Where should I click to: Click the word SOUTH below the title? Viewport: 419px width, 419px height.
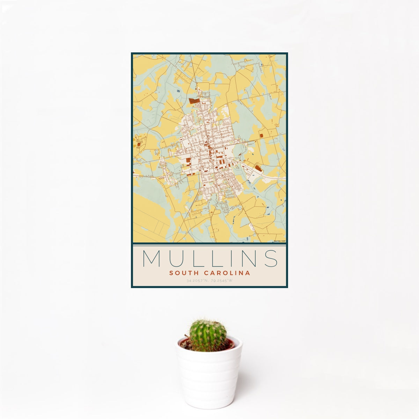pyautogui.click(x=183, y=273)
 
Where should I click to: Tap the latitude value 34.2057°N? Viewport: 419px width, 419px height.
pyautogui.click(x=198, y=280)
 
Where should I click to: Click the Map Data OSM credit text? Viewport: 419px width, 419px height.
pyautogui.click(x=280, y=241)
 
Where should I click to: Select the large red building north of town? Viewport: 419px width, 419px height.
pyautogui.click(x=194, y=101)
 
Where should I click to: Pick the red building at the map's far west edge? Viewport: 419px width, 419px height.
pyautogui.click(x=139, y=144)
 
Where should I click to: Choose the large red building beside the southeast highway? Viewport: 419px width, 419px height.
pyautogui.click(x=258, y=169)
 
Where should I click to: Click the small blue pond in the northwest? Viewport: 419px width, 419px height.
pyautogui.click(x=178, y=91)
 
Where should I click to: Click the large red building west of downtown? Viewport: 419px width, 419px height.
pyautogui.click(x=188, y=161)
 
